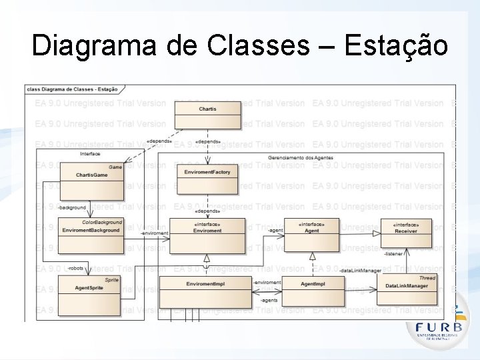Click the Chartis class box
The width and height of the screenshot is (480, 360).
pos(207,113)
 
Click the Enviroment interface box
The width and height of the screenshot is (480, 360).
pos(207,235)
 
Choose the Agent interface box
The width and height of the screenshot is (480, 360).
pos(311,234)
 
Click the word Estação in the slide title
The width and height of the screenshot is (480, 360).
pos(397,47)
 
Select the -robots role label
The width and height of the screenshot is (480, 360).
pos(75,268)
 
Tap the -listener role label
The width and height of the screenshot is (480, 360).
pos(393,254)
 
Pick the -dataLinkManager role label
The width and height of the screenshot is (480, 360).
pos(360,271)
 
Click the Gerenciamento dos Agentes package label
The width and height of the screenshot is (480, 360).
pos(300,157)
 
